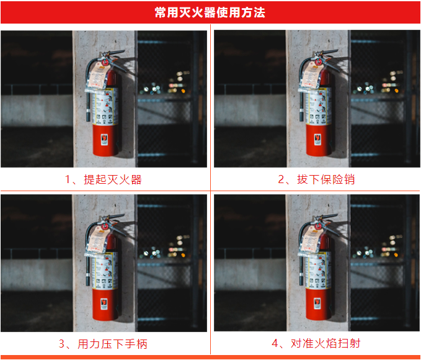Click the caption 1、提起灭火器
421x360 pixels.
click(104, 180)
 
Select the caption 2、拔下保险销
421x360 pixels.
click(316, 180)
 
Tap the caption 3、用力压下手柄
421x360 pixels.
click(104, 343)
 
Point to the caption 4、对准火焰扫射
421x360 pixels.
click(316, 343)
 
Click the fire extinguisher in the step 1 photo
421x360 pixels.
click(105, 118)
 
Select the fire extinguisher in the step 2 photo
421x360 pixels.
click(317, 118)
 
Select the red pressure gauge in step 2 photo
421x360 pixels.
click(317, 61)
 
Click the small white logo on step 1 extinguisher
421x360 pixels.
click(105, 138)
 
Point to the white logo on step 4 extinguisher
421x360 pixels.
click(317, 303)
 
